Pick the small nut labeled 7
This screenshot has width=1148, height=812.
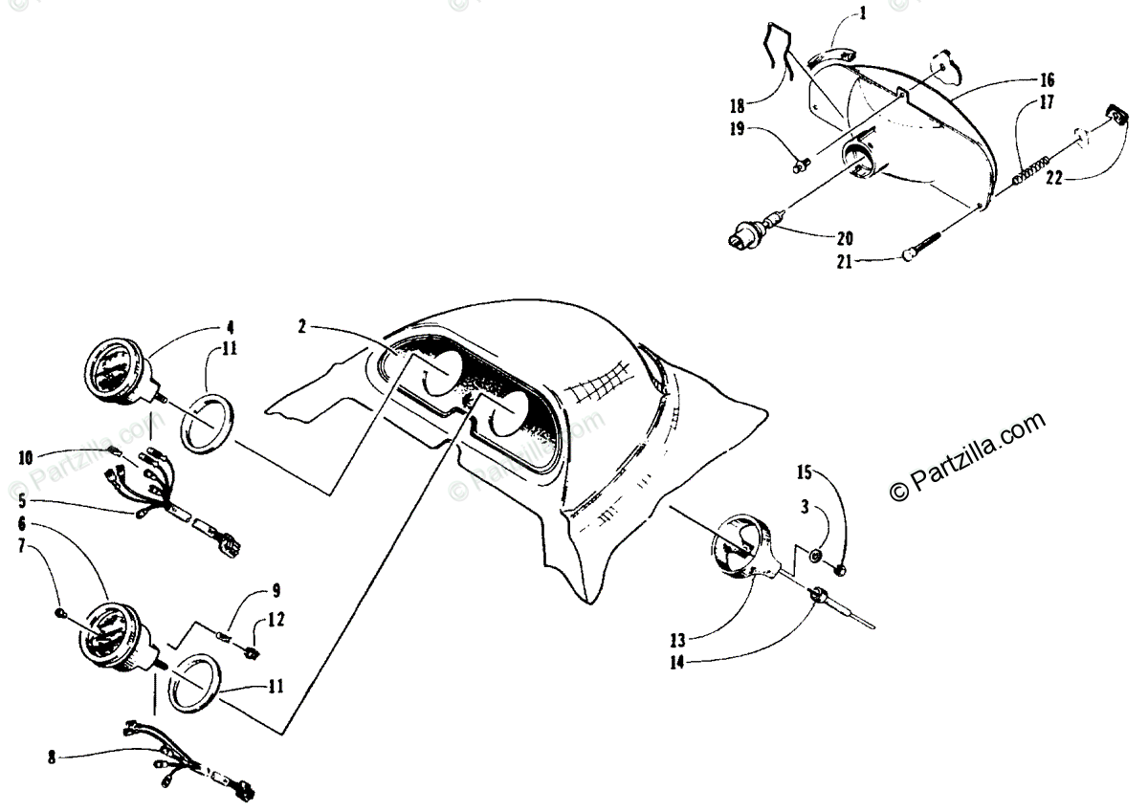pos(60,612)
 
